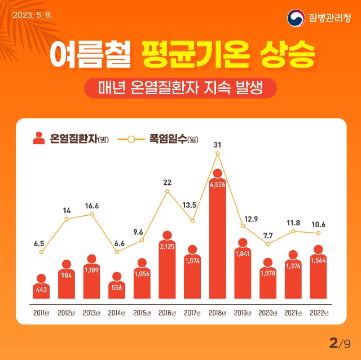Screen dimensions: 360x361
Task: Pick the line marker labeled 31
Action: tap(218, 153)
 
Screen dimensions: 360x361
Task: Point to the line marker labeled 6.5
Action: tap(41, 252)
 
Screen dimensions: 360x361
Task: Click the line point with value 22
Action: tap(167, 191)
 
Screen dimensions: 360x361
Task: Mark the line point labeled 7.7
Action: tap(268, 244)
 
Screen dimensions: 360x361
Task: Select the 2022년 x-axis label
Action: tap(319, 313)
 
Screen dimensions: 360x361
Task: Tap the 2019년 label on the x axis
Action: tap(243, 313)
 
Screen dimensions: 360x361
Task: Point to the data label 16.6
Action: tap(92, 206)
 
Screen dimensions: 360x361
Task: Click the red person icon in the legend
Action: tap(39, 138)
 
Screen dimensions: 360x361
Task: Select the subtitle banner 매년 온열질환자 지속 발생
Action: tap(180, 87)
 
